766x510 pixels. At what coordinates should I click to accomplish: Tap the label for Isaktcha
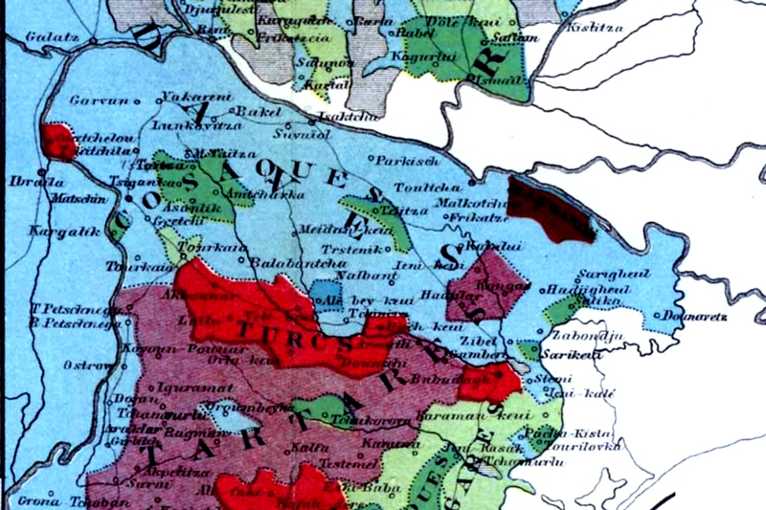[339, 113]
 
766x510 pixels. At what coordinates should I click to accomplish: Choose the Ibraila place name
[25, 182]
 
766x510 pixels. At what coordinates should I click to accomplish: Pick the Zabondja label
[582, 336]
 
